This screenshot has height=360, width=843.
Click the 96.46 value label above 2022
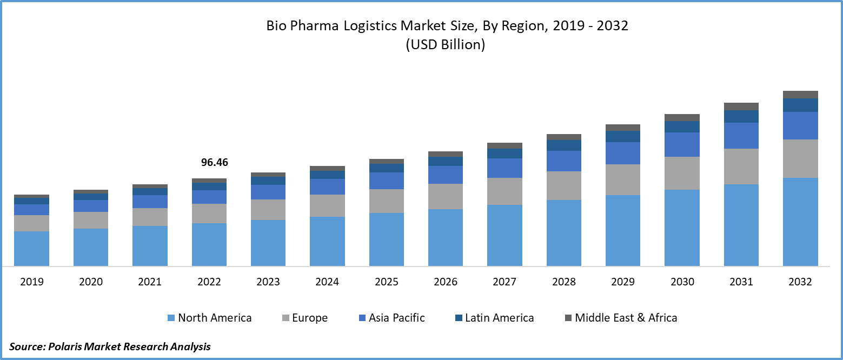pos(215,162)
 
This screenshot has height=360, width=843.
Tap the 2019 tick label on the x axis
pos(31,282)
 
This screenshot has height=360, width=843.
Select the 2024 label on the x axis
pos(327,282)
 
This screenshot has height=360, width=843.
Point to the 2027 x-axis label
pos(505,282)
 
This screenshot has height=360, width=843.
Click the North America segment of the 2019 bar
pos(31,249)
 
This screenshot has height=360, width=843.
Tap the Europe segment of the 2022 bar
pos(209,214)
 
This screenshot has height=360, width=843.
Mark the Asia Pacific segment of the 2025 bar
pos(387,181)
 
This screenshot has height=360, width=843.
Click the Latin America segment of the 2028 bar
pos(564,145)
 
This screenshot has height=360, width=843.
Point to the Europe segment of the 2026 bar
pos(446,196)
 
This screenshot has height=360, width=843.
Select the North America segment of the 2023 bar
pos(268,243)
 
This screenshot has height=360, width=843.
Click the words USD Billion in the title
pos(445,45)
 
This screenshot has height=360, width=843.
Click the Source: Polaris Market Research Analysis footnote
pos(110,346)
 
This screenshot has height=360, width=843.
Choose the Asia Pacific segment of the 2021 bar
pos(150,202)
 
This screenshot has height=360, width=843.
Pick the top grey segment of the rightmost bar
pos(800,95)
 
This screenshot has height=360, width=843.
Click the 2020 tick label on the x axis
pos(91,282)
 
